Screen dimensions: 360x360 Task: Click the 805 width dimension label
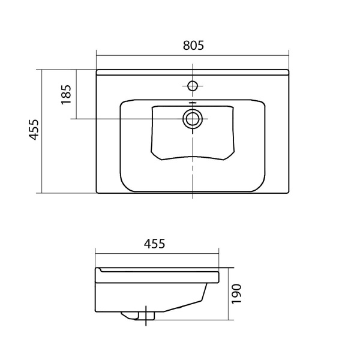pyautogui.click(x=193, y=45)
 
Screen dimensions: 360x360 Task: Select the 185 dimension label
pyautogui.click(x=66, y=94)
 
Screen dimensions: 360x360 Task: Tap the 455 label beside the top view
pyautogui.click(x=34, y=130)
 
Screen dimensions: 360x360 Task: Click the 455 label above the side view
pyautogui.click(x=154, y=244)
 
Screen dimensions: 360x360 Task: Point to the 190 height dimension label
pyautogui.click(x=236, y=295)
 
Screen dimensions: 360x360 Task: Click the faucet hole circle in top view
pyautogui.click(x=193, y=86)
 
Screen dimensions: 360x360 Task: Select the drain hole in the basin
pyautogui.click(x=193, y=119)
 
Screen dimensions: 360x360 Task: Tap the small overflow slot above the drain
pyautogui.click(x=193, y=103)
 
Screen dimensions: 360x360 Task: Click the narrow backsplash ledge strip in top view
pyautogui.click(x=193, y=72)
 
